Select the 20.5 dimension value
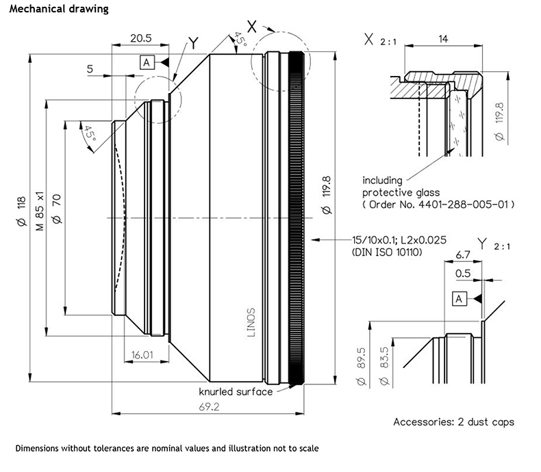tap(140, 39)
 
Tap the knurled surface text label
tap(236, 392)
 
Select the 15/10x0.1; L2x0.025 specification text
tap(400, 240)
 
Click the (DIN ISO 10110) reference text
tap(386, 253)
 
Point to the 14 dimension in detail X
tap(443, 40)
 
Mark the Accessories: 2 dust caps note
tap(453, 421)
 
